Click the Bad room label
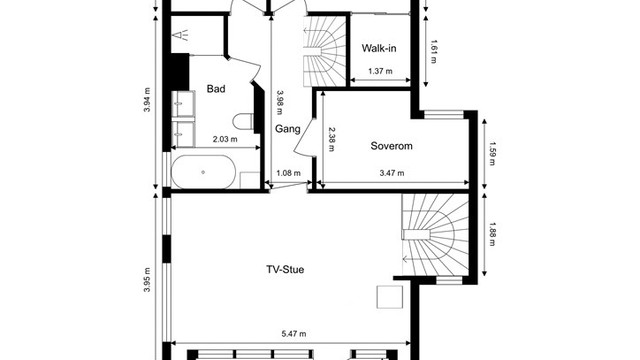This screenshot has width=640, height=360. click(x=216, y=89)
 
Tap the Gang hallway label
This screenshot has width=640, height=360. click(x=287, y=129)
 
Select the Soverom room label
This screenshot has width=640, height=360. click(x=391, y=146)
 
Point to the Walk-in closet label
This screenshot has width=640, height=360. click(x=379, y=48)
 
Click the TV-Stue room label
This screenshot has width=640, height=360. click(x=285, y=269)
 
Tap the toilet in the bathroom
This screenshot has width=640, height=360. click(x=243, y=121)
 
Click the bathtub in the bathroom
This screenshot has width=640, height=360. click(x=203, y=172)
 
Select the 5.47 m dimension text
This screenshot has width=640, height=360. click(x=294, y=334)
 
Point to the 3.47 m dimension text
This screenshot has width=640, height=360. click(x=392, y=173)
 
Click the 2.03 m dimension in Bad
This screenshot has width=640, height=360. click(x=225, y=139)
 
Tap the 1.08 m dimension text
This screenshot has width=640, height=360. click(x=288, y=173)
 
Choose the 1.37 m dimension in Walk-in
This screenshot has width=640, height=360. click(x=380, y=71)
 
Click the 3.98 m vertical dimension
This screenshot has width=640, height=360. click(x=280, y=102)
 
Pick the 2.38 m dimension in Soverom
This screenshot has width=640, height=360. click(x=331, y=140)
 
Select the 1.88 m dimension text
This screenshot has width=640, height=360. click(x=492, y=234)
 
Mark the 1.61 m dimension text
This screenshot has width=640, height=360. click(x=433, y=52)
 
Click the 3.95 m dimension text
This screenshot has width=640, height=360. click(x=147, y=280)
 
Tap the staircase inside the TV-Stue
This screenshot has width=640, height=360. click(x=435, y=234)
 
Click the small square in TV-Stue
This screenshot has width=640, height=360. click(x=390, y=297)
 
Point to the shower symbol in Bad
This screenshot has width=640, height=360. click(x=181, y=35)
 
